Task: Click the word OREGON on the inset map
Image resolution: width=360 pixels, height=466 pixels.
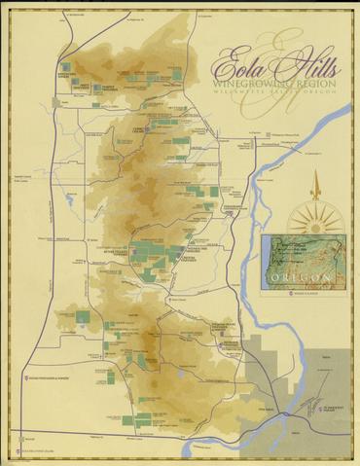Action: tap(301, 278)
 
